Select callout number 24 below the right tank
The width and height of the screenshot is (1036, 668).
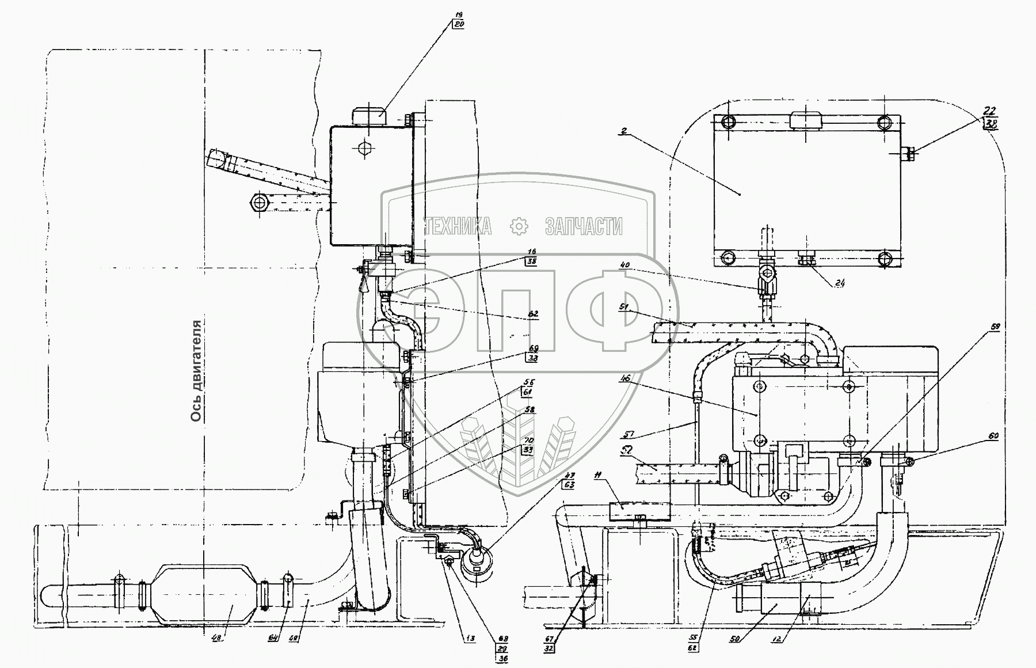(841, 283)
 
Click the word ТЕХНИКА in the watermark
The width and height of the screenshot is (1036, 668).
(458, 226)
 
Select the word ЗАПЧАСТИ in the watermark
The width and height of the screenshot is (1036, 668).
(583, 226)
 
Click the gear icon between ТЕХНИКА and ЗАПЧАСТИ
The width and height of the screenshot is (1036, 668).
(519, 226)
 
